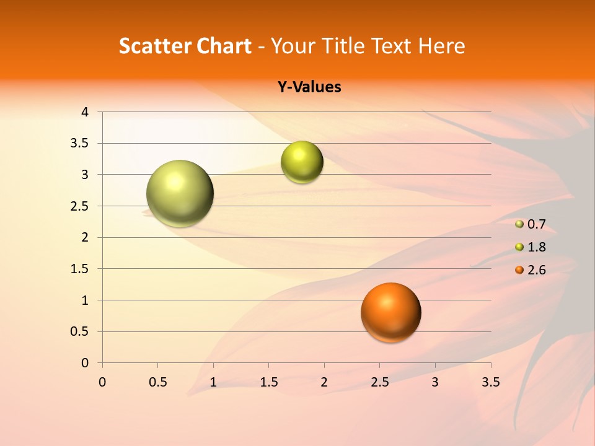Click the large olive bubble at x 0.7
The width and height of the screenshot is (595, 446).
[180, 193]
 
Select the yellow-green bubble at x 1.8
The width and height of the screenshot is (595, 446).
[302, 162]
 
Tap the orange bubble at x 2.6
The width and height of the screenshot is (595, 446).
[391, 312]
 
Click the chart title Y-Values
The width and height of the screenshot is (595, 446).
[309, 87]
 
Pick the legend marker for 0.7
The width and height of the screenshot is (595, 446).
[519, 224]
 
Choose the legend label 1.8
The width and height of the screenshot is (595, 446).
[536, 247]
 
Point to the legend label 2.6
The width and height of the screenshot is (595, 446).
[536, 270]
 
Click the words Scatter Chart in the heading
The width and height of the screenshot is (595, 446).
[185, 46]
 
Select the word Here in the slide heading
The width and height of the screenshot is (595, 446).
[441, 46]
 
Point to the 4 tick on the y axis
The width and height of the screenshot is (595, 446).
[86, 112]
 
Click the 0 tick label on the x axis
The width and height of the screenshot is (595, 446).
[102, 382]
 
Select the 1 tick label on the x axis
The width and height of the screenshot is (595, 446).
[213, 382]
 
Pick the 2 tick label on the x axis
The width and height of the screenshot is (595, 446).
[324, 382]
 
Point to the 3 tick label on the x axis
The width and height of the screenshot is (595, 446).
[435, 382]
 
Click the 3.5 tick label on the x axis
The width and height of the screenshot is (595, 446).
[490, 382]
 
